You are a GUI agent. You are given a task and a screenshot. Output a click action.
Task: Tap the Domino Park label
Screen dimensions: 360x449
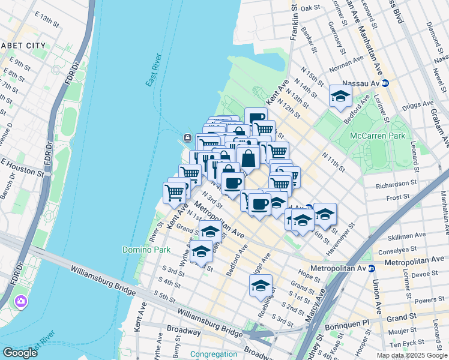pos(146,250)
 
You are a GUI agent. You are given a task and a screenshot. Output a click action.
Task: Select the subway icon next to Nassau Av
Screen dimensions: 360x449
pos(385,83)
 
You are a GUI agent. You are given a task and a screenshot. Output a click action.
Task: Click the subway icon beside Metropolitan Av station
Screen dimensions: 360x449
pos(372,268)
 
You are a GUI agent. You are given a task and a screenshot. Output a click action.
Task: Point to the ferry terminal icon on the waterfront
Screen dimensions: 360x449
pos(187,138)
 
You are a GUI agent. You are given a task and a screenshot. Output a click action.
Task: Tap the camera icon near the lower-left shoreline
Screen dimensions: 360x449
pos(22,301)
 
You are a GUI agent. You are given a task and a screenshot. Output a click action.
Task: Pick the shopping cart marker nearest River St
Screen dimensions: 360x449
pos(174,193)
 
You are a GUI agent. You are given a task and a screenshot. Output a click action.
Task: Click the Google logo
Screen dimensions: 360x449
pos(20,353)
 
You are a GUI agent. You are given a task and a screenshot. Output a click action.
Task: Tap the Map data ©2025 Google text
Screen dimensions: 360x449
pos(412,355)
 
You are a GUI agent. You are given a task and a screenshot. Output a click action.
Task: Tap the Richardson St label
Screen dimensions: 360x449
pos(396,183)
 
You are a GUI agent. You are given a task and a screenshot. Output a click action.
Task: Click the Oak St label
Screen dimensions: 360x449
pos(311,8)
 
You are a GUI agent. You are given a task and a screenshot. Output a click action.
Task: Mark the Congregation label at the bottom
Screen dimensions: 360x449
pos(213,354)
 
